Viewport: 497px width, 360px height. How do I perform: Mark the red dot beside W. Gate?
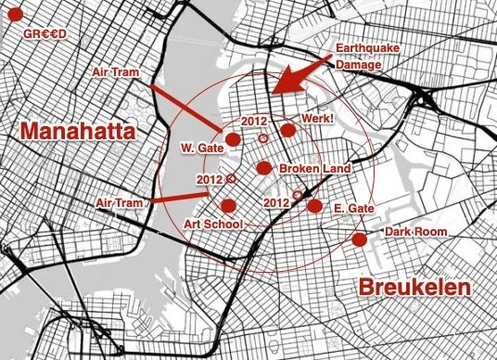[233, 139]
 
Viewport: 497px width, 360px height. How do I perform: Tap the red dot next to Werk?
[288, 131]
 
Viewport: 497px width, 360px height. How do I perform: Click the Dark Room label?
[412, 230]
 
